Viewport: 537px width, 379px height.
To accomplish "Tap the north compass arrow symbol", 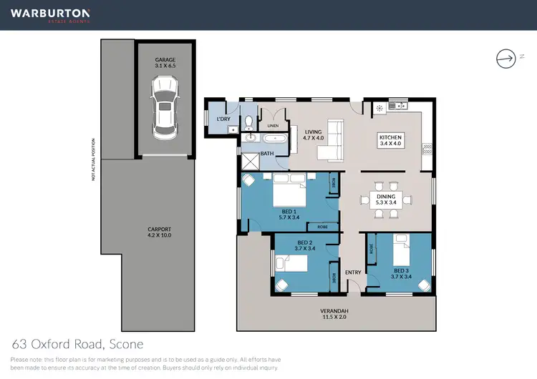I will [x=506, y=58].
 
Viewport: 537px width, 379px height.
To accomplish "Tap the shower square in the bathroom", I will [x=249, y=160].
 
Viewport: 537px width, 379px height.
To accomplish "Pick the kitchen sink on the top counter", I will [x=395, y=107].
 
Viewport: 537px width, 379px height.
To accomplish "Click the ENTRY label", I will [x=353, y=272].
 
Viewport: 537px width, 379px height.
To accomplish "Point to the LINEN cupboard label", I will [x=272, y=126].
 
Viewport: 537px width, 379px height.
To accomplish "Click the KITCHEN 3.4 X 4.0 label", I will [x=392, y=140].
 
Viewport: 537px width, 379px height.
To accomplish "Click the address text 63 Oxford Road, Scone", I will [x=77, y=343].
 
